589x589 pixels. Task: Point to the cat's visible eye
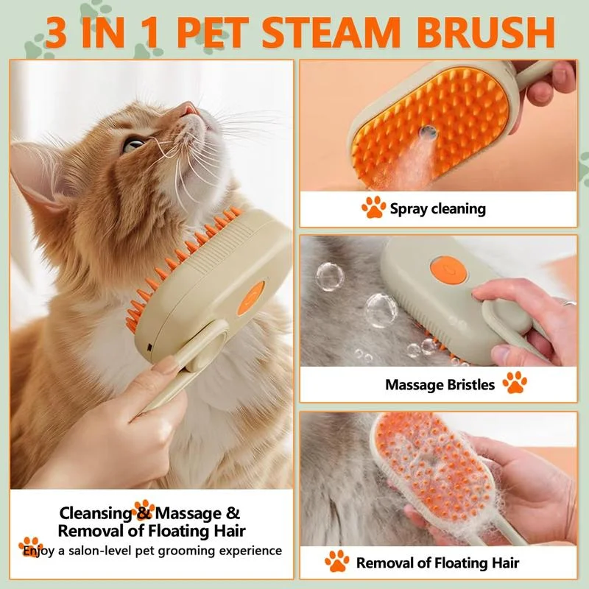133,144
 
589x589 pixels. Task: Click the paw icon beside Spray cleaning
373,208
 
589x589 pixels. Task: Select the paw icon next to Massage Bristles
514,382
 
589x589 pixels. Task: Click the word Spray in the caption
408,209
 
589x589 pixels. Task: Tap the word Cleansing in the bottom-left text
95,513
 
